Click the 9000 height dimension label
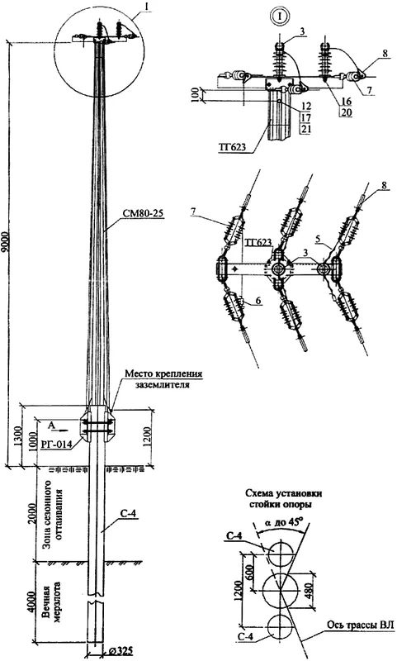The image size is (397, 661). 6,242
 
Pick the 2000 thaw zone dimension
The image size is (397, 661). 31,513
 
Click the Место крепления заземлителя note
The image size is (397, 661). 163,378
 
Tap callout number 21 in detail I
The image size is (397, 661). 305,129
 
